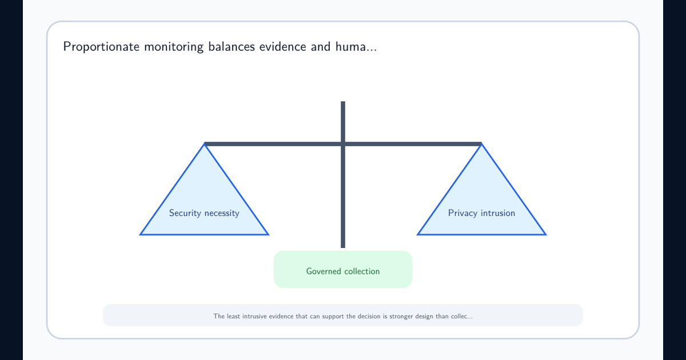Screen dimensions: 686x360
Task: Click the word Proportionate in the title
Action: coord(101,47)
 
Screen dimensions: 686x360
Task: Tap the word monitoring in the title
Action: coord(174,47)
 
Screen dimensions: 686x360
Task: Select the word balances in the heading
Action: coord(232,46)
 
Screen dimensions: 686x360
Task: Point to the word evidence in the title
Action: coord(282,46)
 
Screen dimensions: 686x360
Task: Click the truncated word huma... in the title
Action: coord(356,46)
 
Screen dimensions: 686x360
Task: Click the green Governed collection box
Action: coord(343,269)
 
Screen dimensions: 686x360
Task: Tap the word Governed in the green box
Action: coord(323,271)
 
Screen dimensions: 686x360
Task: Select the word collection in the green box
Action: coord(362,271)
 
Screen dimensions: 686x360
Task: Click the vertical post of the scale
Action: coord(343,174)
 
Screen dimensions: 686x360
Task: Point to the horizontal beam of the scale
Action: coord(343,144)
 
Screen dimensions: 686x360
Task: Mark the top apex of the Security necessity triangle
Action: coord(204,143)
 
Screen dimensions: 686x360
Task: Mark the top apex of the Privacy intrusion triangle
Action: coord(481,143)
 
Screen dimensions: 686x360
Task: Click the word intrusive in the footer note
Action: coord(255,316)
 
